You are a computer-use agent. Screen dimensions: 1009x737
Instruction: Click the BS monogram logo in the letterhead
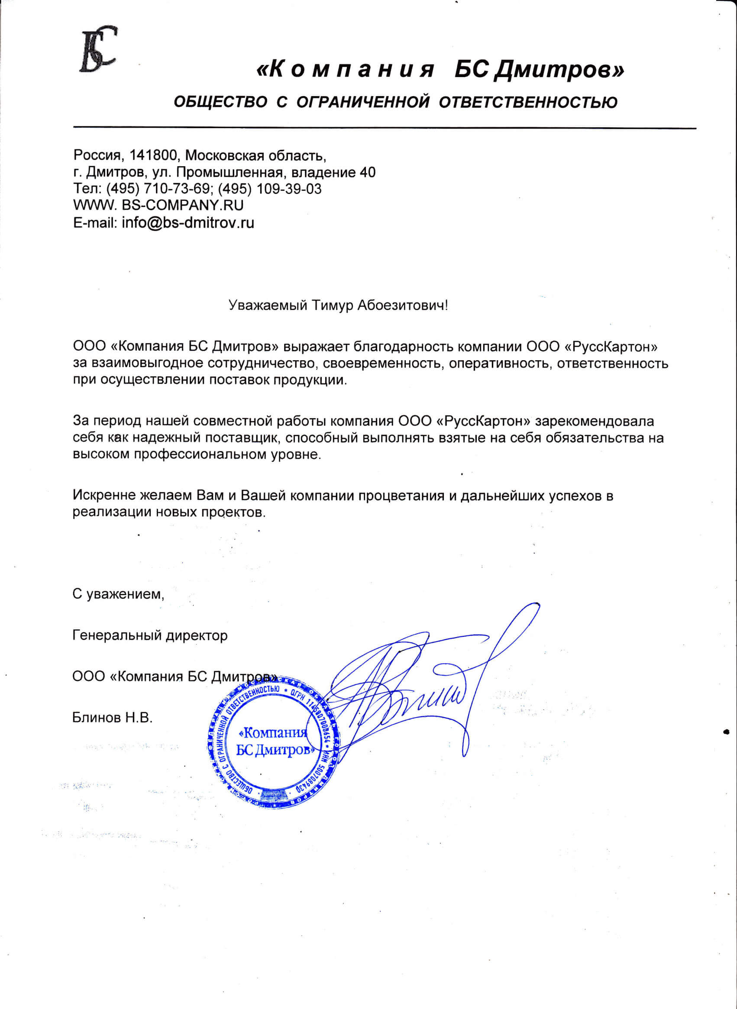[x=98, y=49]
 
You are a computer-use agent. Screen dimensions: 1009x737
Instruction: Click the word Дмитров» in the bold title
[x=559, y=70]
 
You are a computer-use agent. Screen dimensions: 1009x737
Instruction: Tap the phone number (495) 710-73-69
[x=157, y=189]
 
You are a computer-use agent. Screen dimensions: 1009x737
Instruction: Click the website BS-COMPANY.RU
[x=182, y=205]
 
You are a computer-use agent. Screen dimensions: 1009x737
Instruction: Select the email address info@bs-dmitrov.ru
[x=188, y=222]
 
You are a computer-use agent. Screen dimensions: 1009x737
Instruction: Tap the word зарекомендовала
[x=594, y=421]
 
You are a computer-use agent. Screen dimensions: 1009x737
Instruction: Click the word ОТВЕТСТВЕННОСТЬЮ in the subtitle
[x=528, y=103]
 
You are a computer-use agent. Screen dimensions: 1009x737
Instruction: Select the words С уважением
[x=118, y=594]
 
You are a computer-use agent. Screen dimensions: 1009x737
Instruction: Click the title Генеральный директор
[x=150, y=635]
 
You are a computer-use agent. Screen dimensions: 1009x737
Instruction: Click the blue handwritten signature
[x=424, y=682]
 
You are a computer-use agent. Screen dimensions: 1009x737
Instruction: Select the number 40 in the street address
[x=368, y=172]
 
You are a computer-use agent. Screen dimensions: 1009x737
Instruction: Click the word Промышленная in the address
[x=230, y=172]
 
